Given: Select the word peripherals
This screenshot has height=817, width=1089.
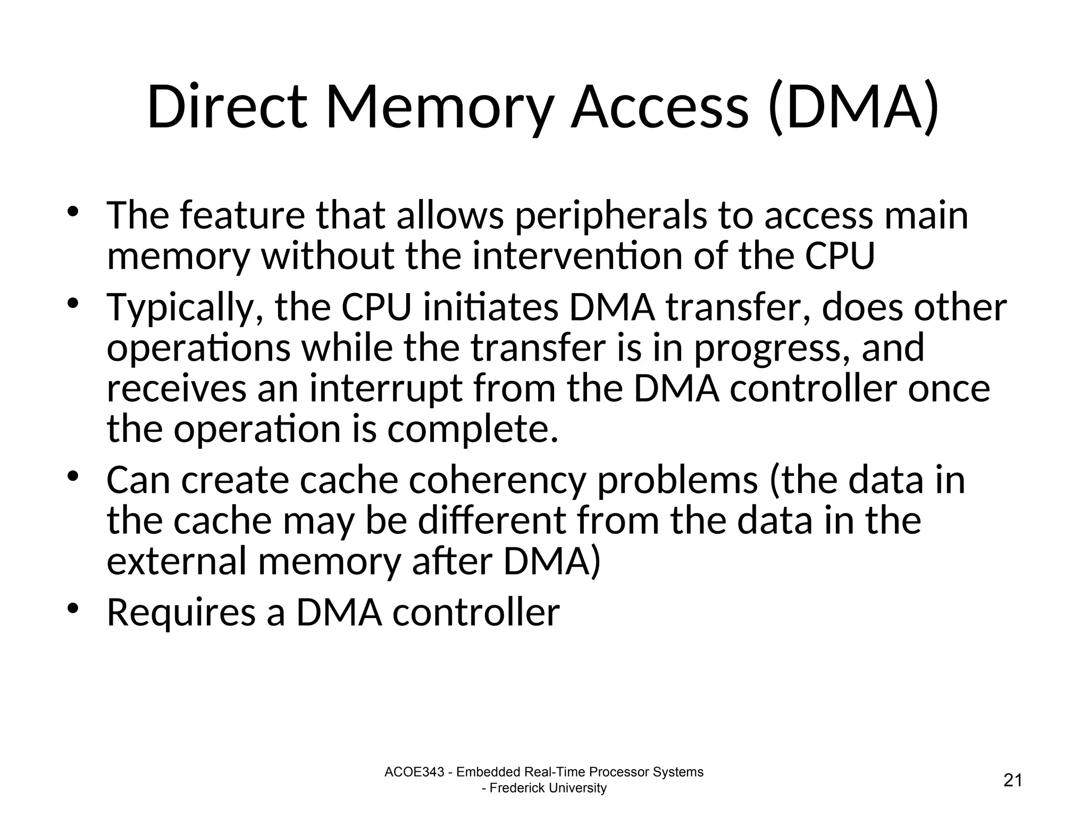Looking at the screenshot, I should tap(611, 216).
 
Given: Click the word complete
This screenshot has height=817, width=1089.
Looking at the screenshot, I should tap(473, 430).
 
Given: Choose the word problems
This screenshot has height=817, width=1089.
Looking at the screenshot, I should tap(678, 480).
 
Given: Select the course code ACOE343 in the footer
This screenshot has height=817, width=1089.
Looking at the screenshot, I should tap(414, 772).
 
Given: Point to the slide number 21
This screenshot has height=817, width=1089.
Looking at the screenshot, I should tap(1013, 780).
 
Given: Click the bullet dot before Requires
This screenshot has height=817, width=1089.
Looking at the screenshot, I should tap(73, 607).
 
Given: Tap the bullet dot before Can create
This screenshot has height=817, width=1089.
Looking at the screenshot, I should tap(73, 475).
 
